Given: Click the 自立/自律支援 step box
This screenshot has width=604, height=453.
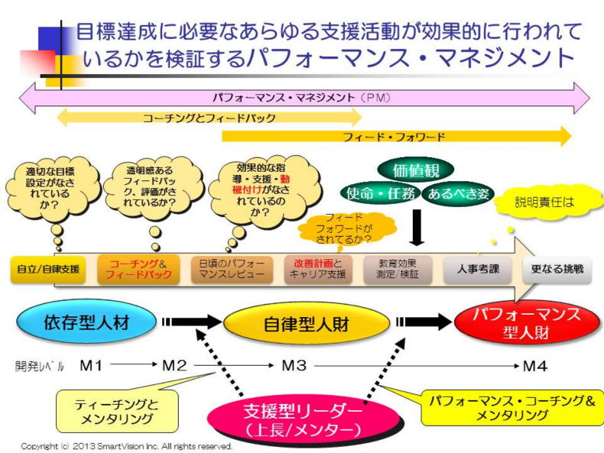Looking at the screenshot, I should click(x=48, y=269).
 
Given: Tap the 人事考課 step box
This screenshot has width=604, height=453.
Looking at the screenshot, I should click(x=479, y=269).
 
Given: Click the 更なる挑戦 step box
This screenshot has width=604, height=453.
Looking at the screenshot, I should click(x=557, y=269).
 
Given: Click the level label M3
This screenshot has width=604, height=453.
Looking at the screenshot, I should click(x=294, y=365).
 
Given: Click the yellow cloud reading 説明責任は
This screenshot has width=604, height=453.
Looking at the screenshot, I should click(x=544, y=203).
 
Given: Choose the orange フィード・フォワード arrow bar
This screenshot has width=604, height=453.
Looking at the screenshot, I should click(x=396, y=137).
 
